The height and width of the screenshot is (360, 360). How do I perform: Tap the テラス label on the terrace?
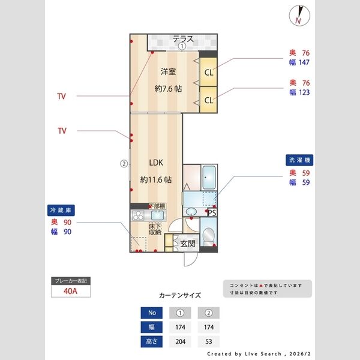[x=183, y=39]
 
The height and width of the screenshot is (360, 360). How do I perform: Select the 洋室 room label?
[x=168, y=72]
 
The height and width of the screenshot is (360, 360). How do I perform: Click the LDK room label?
[x=156, y=163]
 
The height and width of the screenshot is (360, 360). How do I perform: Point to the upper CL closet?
[x=208, y=73]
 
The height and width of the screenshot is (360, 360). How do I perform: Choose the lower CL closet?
[x=208, y=100]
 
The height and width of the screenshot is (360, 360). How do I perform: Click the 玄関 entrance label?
[x=188, y=244]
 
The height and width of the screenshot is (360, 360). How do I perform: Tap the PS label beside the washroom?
[x=212, y=212]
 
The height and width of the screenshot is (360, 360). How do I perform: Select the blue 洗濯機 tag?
[x=301, y=160]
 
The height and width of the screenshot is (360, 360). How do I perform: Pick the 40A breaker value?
[x=71, y=292]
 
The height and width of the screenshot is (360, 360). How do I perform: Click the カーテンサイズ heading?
[x=180, y=295]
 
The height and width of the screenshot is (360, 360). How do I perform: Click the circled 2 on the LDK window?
[x=123, y=163]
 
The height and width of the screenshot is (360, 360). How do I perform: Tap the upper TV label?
[x=62, y=96]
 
